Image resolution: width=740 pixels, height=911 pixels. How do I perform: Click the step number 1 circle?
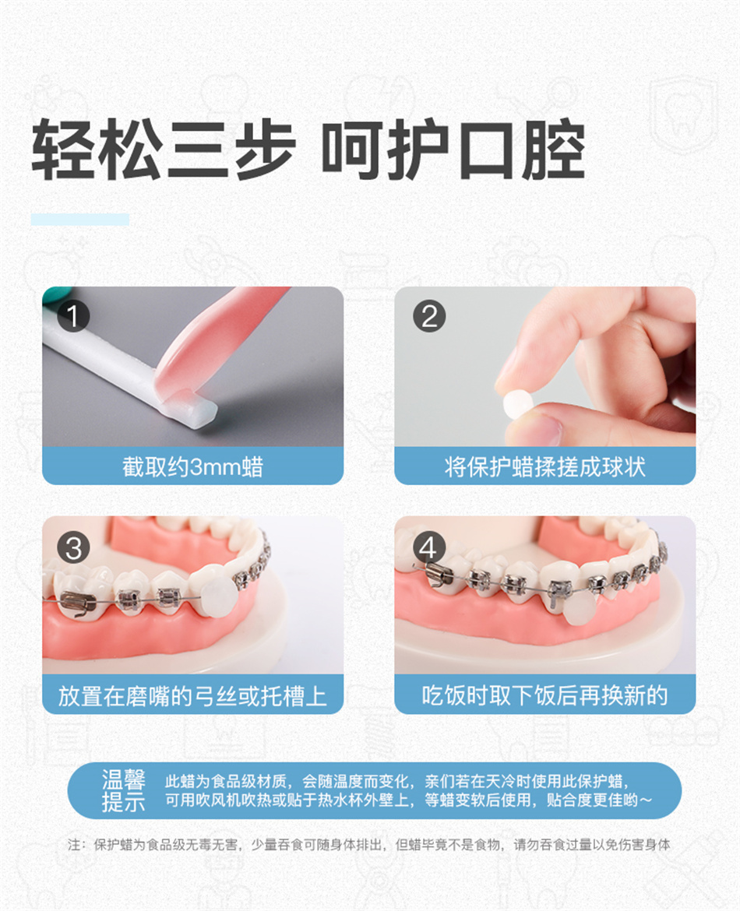pyautogui.click(x=73, y=316)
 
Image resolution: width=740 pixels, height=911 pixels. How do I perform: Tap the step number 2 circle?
pyautogui.click(x=429, y=317)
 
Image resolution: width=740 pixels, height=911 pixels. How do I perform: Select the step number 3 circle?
pyautogui.click(x=74, y=548)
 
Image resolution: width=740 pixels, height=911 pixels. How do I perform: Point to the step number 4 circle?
pyautogui.click(x=428, y=548)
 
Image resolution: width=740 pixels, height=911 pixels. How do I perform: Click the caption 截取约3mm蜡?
pyautogui.click(x=192, y=466)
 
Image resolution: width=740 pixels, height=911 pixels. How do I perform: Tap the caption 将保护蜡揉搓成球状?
pyautogui.click(x=544, y=466)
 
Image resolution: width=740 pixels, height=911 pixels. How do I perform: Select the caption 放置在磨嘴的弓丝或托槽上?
pyautogui.click(x=192, y=695)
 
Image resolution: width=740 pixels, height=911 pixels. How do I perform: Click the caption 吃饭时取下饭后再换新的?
pyautogui.click(x=544, y=695)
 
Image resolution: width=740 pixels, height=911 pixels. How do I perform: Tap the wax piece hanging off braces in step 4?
pyautogui.click(x=578, y=608)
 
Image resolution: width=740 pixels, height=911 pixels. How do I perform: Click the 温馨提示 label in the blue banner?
pyautogui.click(x=123, y=790)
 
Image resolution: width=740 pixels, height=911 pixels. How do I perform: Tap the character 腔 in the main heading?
pyautogui.click(x=553, y=150)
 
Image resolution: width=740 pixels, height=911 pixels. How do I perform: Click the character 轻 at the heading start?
pyautogui.click(x=63, y=150)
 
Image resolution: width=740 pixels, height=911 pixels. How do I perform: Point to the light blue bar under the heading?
pyautogui.click(x=80, y=220)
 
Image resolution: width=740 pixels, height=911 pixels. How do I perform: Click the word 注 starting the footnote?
pyautogui.click(x=74, y=844)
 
